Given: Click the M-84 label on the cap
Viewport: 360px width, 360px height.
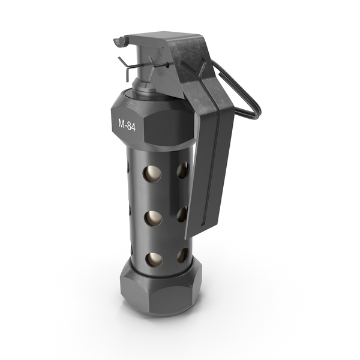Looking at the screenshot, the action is [x=127, y=125].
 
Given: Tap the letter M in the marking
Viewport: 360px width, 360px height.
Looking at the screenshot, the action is [x=121, y=123].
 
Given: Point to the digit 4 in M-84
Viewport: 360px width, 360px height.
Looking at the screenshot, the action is [x=133, y=128].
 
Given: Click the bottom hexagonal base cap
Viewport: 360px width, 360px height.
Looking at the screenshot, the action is [x=161, y=289].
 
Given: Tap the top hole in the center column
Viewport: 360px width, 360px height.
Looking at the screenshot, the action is [x=152, y=173].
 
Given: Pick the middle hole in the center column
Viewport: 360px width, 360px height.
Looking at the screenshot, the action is [x=153, y=218].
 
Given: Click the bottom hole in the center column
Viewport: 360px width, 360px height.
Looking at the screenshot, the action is [x=154, y=260].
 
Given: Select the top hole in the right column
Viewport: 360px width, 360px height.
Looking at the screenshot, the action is [x=183, y=170].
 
